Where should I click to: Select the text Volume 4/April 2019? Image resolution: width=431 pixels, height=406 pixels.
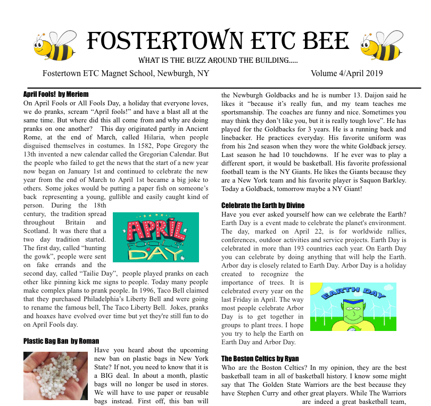[x=347, y=73]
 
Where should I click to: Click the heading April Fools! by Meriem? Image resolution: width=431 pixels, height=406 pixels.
[x=56, y=94]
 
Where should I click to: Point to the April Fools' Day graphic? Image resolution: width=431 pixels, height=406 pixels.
[x=155, y=237]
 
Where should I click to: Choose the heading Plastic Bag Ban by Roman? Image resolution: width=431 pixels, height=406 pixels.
[x=61, y=341]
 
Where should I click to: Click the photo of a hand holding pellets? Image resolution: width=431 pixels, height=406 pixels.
[x=55, y=376]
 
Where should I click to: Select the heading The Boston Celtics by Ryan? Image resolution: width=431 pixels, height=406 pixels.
[x=260, y=359]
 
